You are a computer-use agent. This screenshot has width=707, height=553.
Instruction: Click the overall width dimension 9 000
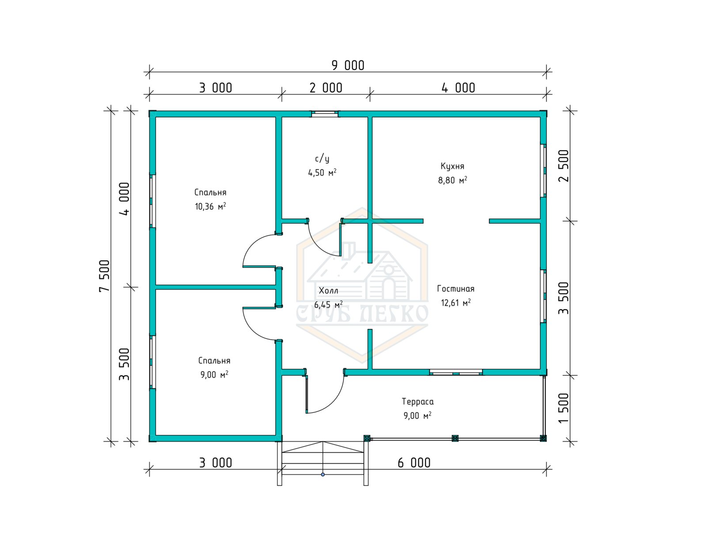point(348,66)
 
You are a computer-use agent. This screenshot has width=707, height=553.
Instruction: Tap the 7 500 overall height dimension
point(105,276)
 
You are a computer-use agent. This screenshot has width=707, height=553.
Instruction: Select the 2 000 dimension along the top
point(326,88)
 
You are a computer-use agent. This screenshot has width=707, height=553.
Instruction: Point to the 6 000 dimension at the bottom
point(414,462)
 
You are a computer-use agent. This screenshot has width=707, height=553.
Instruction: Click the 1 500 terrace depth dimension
point(563,408)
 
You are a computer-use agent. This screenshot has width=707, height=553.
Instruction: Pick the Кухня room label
point(452,166)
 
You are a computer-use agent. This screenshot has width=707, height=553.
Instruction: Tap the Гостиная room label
point(456,289)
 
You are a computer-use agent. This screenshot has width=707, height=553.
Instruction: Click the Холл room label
point(328,291)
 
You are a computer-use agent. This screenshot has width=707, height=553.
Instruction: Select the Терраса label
point(418,402)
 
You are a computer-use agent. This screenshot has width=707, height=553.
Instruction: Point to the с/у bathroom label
point(322,159)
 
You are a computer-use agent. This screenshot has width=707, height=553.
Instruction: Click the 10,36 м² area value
point(210,206)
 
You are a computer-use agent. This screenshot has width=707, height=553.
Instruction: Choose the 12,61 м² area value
point(456,303)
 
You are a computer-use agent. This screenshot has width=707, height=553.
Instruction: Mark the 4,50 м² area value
point(322,173)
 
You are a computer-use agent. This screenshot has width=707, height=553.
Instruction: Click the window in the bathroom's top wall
point(325,114)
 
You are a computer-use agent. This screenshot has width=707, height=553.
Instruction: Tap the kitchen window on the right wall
point(544,170)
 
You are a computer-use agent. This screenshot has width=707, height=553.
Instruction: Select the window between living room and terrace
point(456,372)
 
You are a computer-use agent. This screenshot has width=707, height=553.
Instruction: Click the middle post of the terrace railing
point(455,438)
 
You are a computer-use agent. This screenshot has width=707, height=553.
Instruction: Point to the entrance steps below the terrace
point(323,463)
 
